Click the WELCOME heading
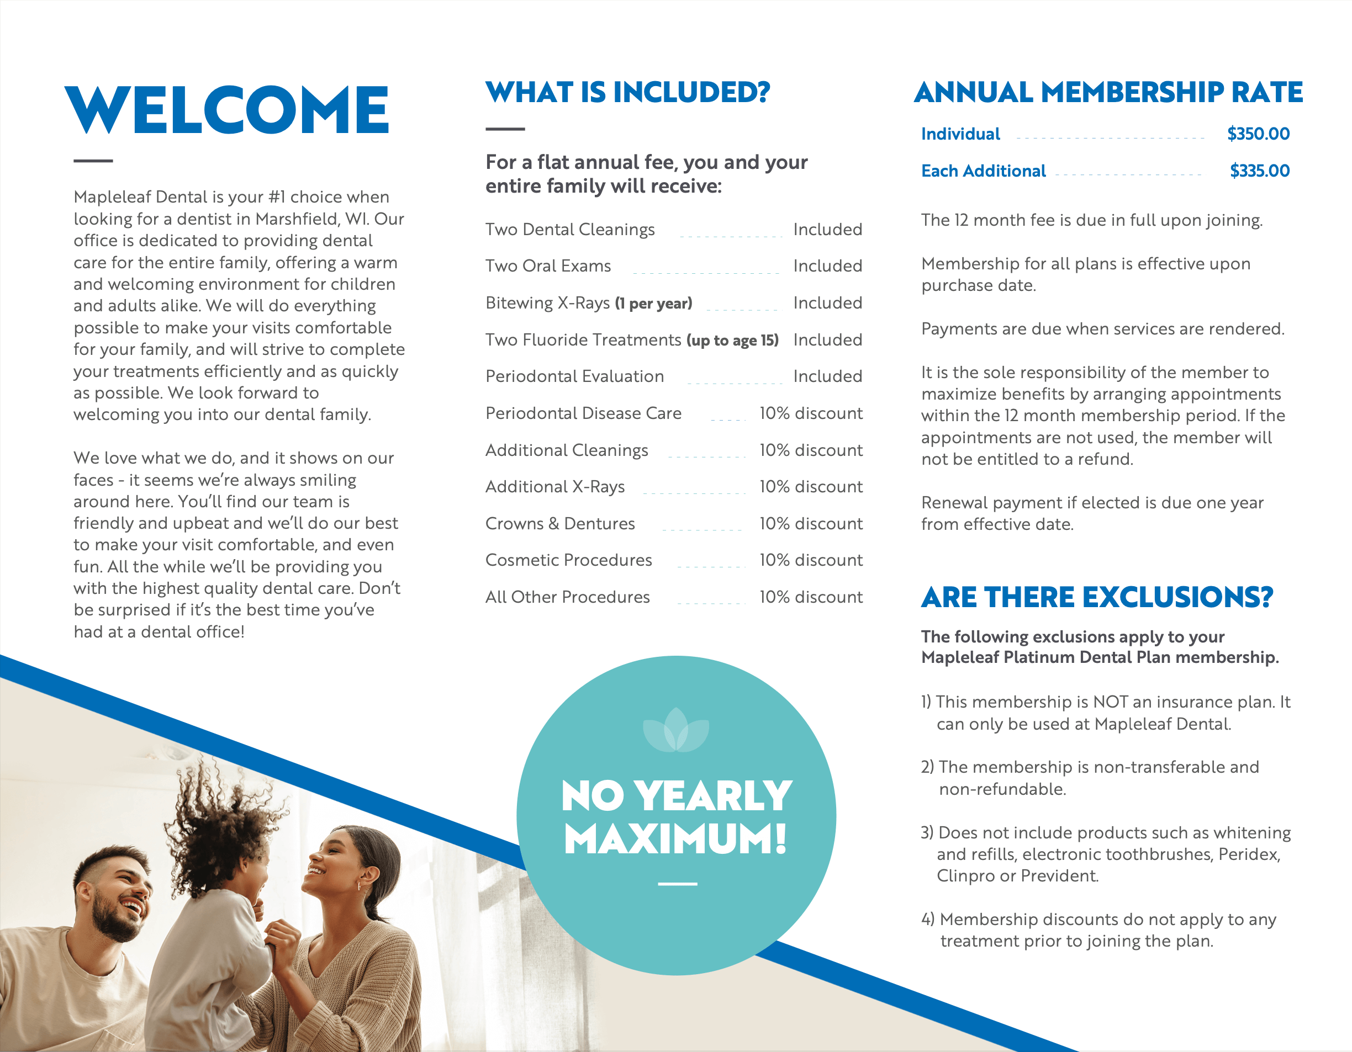[x=226, y=110]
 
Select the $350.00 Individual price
[x=1258, y=134]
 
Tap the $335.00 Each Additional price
[x=1259, y=171]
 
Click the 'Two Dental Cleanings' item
[x=569, y=230]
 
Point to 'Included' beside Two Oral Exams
[x=827, y=266]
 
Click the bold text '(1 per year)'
[x=653, y=303]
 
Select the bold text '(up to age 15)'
[x=732, y=341]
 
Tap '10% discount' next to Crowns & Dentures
[x=810, y=524]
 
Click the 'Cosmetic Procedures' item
[x=568, y=560]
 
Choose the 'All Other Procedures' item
[x=567, y=597]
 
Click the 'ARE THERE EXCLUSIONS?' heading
[x=1096, y=598]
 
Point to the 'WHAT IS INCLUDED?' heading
[x=627, y=93]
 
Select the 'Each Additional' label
[x=983, y=171]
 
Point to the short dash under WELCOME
[x=93, y=161]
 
